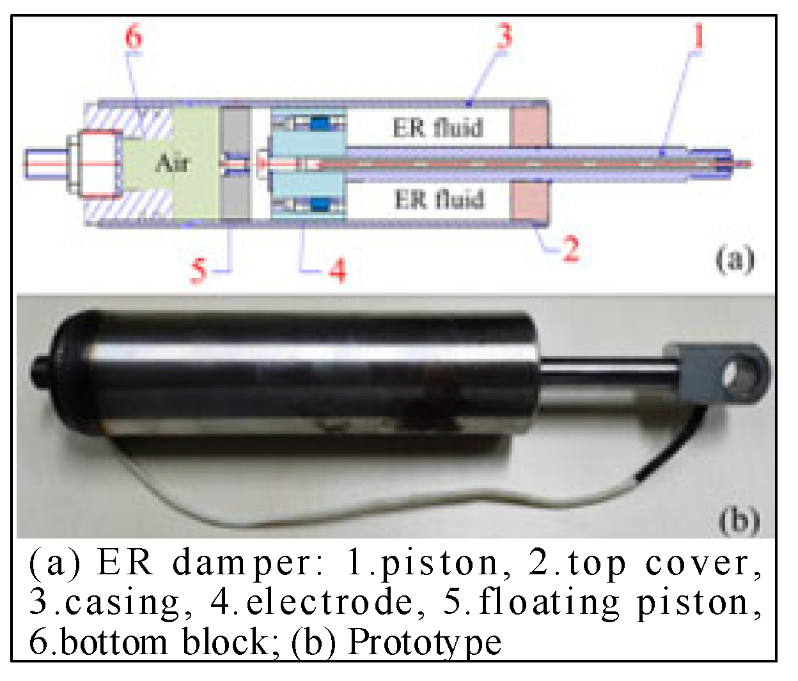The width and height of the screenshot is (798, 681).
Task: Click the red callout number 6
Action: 133,36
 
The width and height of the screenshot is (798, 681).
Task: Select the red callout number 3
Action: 505,35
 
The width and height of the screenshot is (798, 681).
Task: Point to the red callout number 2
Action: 570,249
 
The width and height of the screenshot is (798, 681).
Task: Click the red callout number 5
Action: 199,270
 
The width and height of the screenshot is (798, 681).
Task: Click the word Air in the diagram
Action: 172,164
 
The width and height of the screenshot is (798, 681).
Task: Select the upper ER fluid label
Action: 438,128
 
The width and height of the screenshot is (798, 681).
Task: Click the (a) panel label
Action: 735,260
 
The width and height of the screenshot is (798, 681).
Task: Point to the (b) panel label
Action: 739,520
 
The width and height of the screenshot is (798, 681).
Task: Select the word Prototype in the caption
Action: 424,641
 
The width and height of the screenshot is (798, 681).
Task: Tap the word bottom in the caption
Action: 114,641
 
